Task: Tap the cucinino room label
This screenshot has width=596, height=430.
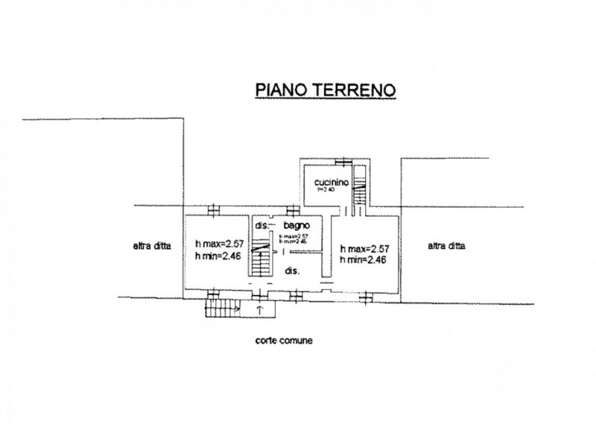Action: [328, 180]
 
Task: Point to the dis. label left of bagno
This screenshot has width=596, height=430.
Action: [261, 225]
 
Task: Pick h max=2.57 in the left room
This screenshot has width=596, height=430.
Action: [219, 244]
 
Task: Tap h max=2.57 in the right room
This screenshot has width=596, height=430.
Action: [365, 248]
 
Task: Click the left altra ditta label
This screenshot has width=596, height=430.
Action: [152, 248]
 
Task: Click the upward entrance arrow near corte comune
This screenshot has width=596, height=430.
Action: [259, 308]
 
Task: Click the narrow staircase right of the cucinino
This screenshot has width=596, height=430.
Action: [358, 190]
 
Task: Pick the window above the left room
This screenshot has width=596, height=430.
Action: [214, 207]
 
